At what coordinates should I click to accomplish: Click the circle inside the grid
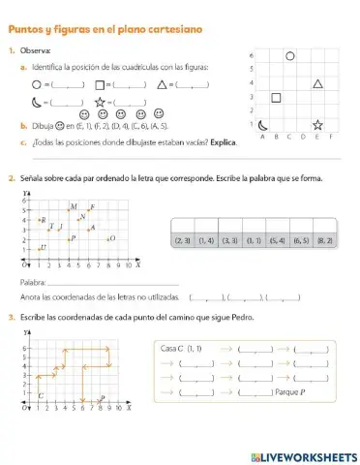click(289, 56)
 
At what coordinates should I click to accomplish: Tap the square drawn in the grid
click(276, 97)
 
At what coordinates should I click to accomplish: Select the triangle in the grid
click(316, 84)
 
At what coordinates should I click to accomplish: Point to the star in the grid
click(316, 125)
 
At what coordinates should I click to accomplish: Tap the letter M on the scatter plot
click(74, 207)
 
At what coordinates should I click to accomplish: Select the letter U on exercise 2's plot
click(44, 248)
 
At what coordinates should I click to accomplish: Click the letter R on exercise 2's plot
click(44, 221)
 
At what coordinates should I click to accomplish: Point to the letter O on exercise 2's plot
click(112, 237)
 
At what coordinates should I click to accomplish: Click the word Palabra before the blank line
click(32, 281)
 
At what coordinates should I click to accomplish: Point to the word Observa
click(38, 49)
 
